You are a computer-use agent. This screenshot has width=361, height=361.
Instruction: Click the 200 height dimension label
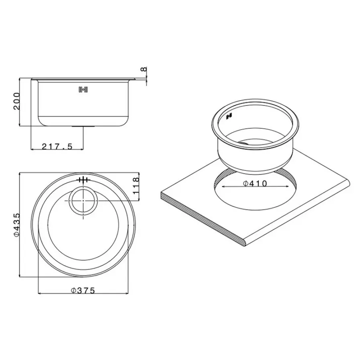(16, 103)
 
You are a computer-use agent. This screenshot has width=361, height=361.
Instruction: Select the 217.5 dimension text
(57, 147)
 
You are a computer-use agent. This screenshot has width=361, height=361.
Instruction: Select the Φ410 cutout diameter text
(255, 184)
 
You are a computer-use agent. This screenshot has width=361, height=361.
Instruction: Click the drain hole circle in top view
(83, 200)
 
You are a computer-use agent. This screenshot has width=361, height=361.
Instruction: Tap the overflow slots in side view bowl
(83, 90)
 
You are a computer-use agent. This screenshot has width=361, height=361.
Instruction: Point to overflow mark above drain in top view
(83, 180)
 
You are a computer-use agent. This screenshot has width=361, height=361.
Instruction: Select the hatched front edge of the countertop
(201, 216)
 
